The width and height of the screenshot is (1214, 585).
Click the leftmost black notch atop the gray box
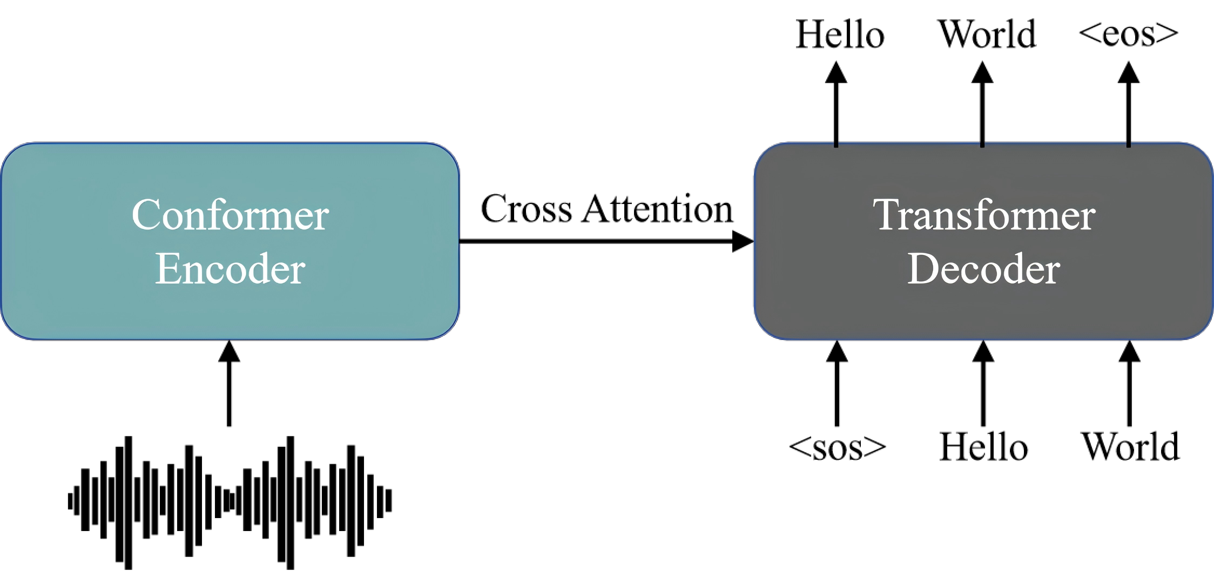tap(836, 144)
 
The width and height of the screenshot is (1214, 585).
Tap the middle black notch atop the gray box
tap(982, 144)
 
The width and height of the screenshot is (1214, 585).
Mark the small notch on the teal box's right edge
tap(459, 241)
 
